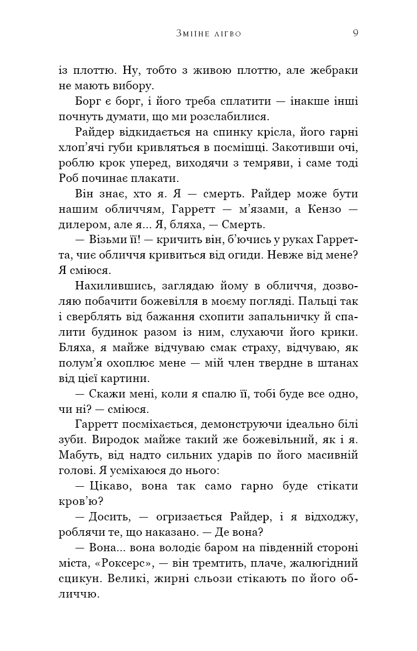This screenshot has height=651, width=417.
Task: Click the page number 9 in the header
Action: [356, 33]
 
